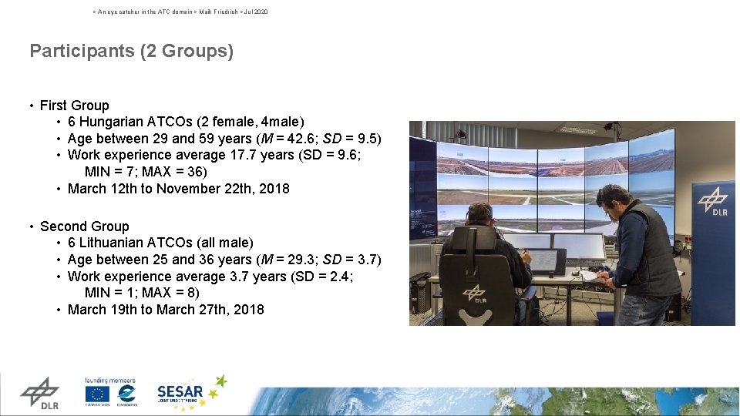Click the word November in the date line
(x=190, y=189)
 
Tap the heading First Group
(x=74, y=106)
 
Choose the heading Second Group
(x=84, y=226)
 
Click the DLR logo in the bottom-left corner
(x=39, y=393)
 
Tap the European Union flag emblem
(x=97, y=394)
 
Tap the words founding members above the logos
(x=110, y=380)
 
